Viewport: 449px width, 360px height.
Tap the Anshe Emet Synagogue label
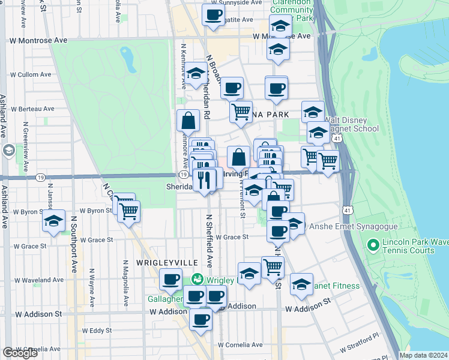[342, 227]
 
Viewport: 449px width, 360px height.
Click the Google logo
[20, 353]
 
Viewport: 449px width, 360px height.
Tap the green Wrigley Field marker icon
[197, 280]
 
